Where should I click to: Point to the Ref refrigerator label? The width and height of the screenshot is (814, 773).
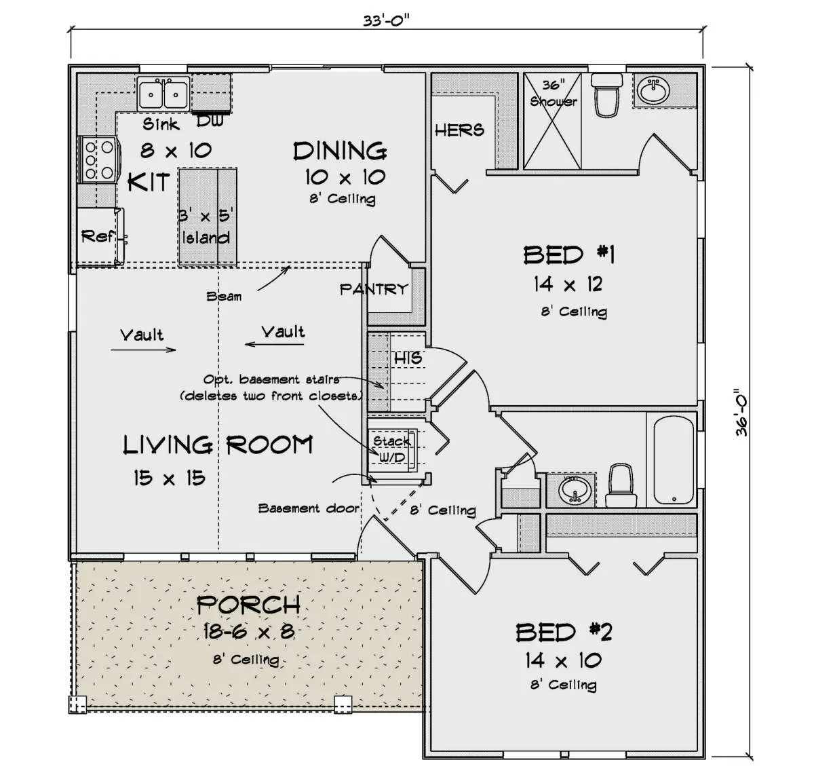[x=97, y=237]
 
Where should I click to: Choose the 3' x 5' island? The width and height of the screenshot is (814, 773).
[x=208, y=216]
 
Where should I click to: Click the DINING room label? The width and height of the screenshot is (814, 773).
[x=340, y=151]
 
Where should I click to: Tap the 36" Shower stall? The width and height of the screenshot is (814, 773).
[x=552, y=121]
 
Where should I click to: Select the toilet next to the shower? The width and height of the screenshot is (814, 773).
[x=606, y=94]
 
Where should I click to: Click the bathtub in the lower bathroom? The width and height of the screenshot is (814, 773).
[x=674, y=460]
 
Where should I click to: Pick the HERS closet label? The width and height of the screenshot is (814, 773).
[x=459, y=130]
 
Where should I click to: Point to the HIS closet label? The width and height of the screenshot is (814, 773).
[x=408, y=358]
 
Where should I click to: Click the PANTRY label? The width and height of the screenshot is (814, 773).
[x=374, y=289]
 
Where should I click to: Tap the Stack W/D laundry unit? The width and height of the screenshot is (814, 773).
[x=392, y=450]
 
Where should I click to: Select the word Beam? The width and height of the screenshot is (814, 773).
[x=224, y=297]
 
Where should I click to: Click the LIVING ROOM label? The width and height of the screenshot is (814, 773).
[x=218, y=445]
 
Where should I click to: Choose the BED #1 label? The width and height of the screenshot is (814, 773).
[x=569, y=254]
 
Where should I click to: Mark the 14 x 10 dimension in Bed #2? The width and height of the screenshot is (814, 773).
[x=563, y=660]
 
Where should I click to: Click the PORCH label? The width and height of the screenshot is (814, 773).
[x=248, y=605]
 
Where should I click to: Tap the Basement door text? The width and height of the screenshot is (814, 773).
[x=309, y=508]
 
